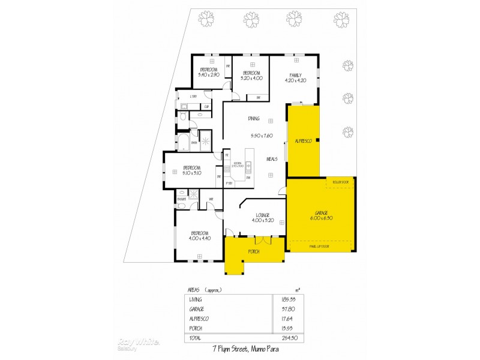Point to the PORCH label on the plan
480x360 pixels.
point(254,252)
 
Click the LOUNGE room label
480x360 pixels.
point(262,215)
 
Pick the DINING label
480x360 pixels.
point(254,119)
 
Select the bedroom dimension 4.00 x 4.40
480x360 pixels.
point(199,238)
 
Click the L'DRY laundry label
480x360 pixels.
point(193,97)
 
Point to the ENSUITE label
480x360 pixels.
point(181,198)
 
